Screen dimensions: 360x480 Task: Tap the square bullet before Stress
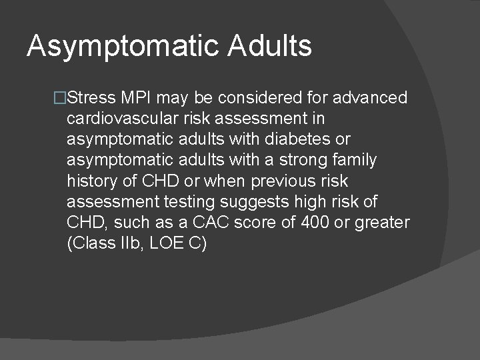(x=60, y=99)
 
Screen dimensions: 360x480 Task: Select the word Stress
(x=91, y=98)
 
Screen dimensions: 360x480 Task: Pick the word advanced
(x=370, y=98)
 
